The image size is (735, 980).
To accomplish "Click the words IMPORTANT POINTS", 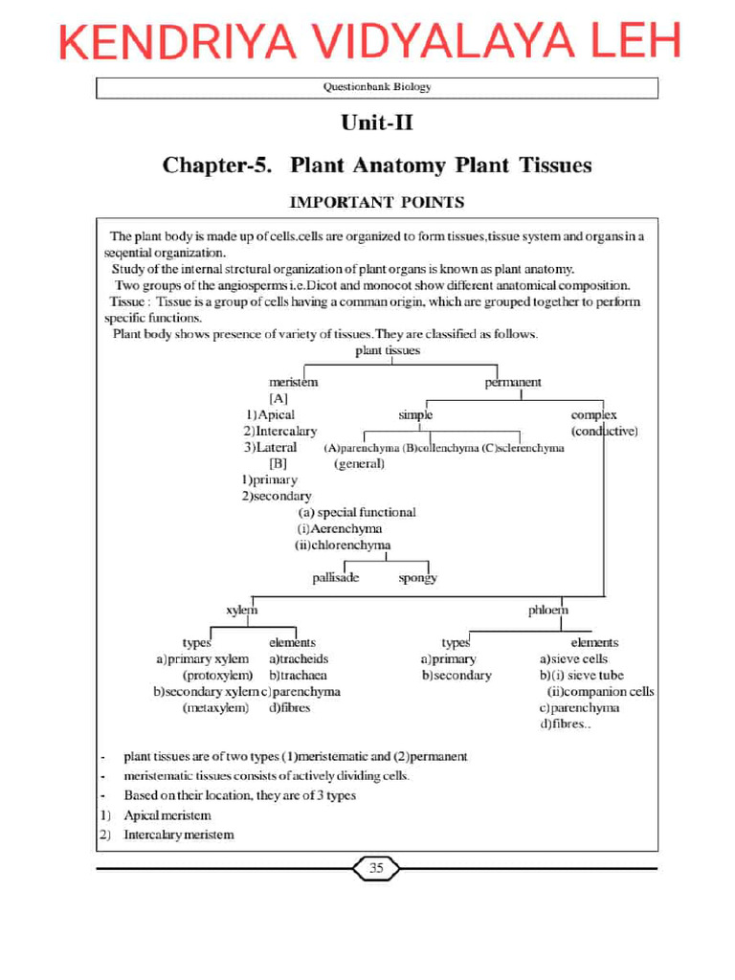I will pos(377,202).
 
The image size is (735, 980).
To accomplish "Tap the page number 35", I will pos(376,868).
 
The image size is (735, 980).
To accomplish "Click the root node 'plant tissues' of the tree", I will pos(388,350).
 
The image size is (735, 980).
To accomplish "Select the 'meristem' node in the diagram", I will pos(294,382).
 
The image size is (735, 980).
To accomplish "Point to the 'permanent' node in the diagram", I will pos(513,382).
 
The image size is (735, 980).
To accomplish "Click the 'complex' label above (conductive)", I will pos(593,414).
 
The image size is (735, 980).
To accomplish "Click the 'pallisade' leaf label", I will pos(336,577).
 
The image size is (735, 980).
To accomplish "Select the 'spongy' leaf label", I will pos(418,577).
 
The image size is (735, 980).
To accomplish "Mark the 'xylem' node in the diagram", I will pos(241,610).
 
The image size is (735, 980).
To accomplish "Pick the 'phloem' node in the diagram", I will pos(547,610).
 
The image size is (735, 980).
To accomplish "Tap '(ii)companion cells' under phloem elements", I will pos(601,691).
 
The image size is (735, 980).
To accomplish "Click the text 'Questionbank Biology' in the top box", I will pos(377,87).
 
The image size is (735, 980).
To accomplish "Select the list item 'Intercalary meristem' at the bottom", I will pos(179,834).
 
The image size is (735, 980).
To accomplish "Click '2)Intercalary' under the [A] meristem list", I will pos(279,431).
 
